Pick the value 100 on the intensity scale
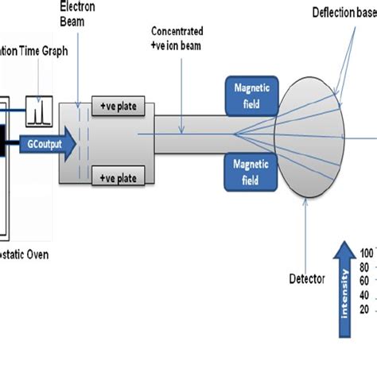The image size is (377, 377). (366, 253)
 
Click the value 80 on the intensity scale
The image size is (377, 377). (366, 266)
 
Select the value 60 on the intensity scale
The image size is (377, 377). (366, 281)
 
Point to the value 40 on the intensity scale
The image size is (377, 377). (366, 295)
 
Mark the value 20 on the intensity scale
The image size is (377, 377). (366, 309)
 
